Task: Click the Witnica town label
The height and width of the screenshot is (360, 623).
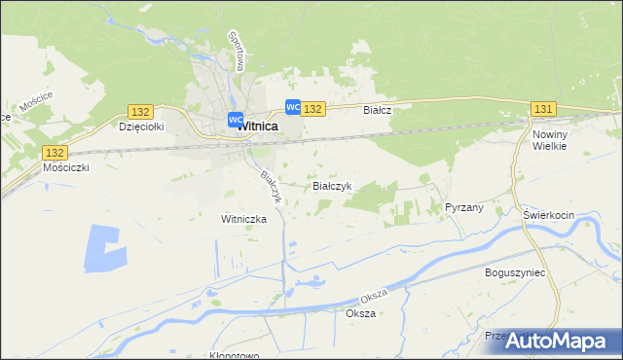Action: click(258, 126)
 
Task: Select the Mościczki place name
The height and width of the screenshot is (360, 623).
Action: click(67, 167)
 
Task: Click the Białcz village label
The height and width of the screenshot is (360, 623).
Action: click(377, 111)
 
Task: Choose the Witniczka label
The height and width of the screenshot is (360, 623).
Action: click(243, 219)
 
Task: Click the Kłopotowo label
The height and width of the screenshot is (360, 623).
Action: click(235, 355)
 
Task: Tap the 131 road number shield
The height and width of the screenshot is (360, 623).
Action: click(544, 109)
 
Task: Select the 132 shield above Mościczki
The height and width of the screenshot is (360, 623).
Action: click(55, 153)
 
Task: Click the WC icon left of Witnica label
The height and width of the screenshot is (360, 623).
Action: click(235, 120)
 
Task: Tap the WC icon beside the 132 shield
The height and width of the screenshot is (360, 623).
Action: click(292, 107)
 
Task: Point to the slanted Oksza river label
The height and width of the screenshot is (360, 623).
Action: click(374, 294)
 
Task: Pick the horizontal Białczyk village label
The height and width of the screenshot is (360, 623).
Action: click(331, 185)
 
